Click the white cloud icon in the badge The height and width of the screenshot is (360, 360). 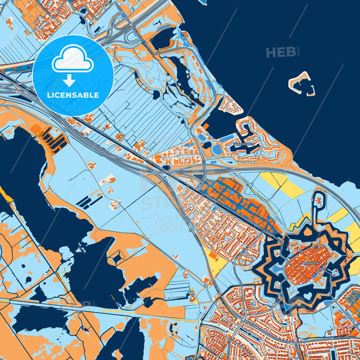tap(72, 60)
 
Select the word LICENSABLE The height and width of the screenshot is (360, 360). tap(72, 95)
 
